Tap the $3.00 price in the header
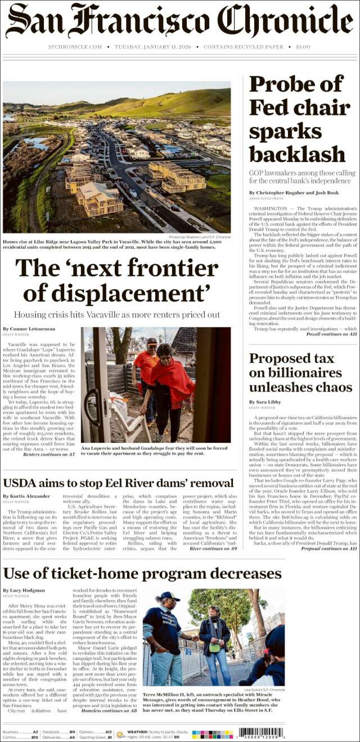point(303,47)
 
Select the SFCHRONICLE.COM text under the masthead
point(75,47)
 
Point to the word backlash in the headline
point(298,154)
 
